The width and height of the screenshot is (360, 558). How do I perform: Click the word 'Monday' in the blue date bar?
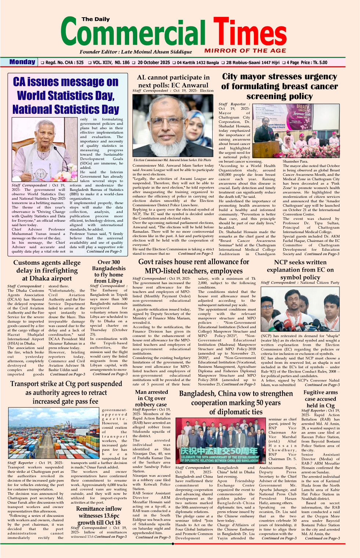[22, 62]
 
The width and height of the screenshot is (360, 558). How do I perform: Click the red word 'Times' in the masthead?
[250, 32]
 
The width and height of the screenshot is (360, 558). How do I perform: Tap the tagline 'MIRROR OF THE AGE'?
[245, 51]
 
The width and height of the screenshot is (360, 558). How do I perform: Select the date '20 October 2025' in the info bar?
[153, 62]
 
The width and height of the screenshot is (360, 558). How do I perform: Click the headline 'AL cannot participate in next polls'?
[173, 81]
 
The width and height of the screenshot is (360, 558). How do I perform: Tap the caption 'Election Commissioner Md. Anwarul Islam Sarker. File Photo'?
[172, 160]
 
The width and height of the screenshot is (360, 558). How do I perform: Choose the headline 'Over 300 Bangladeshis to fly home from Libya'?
[109, 271]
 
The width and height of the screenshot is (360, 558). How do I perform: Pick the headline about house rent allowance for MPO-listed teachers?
[193, 266]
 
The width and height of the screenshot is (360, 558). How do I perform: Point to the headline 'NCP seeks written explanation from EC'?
[300, 270]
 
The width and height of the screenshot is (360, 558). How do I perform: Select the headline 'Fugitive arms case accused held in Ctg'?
[320, 399]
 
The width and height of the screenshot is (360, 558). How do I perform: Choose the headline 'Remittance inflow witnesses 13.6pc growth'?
[99, 515]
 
